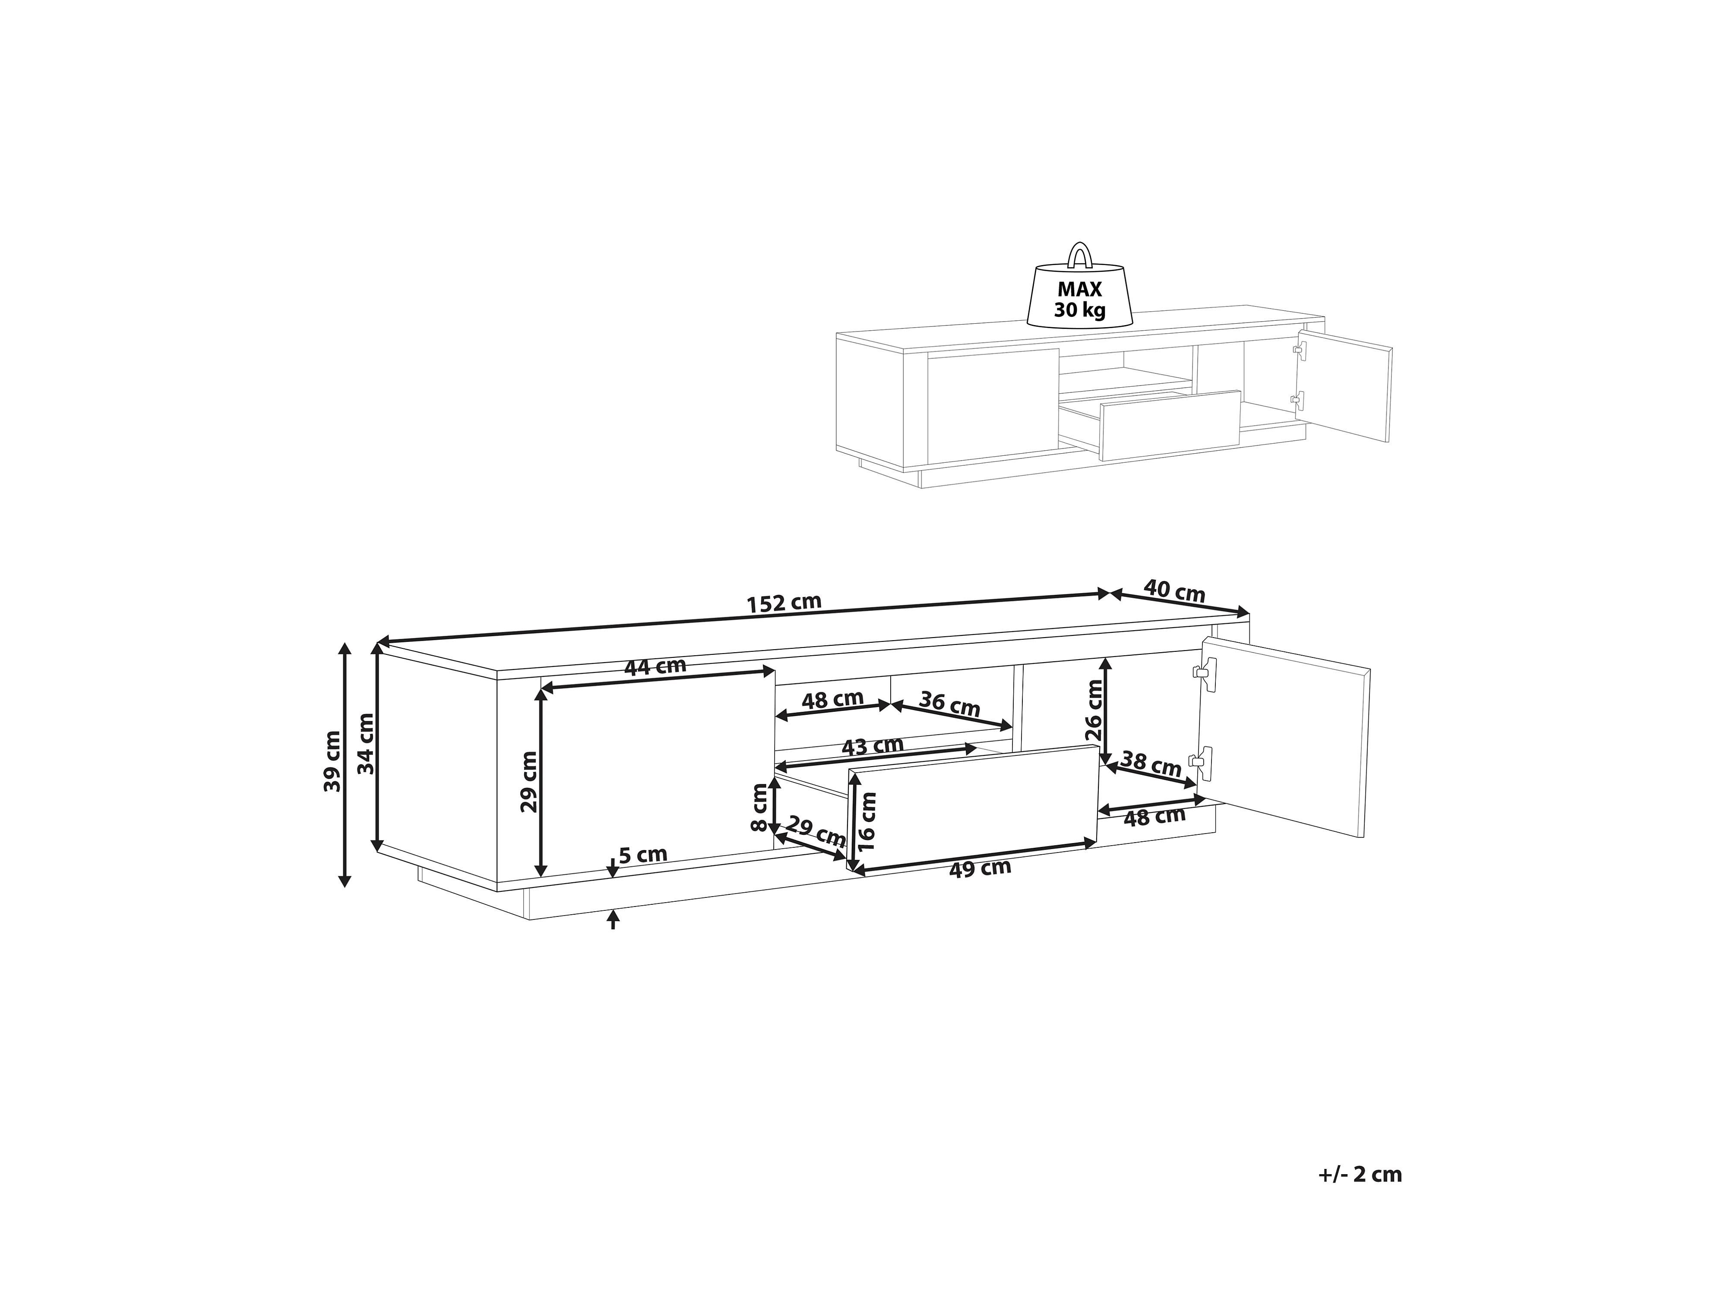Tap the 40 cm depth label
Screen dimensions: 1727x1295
[x=1174, y=591]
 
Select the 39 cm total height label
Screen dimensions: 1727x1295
[x=333, y=761]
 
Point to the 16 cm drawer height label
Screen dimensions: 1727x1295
[x=867, y=821]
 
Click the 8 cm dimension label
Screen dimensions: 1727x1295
[x=759, y=809]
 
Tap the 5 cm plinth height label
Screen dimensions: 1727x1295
[x=642, y=855]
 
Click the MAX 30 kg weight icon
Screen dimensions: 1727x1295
[x=1080, y=297]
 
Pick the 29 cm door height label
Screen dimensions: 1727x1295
[x=529, y=781]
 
